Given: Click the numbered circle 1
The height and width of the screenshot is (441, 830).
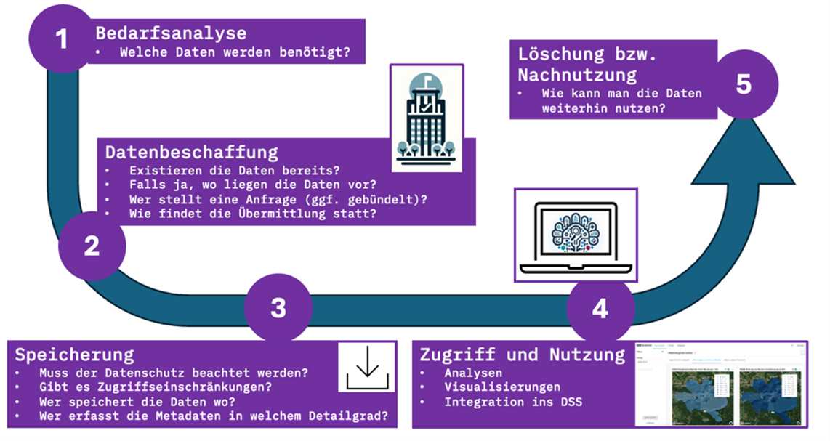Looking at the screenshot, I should [62, 38].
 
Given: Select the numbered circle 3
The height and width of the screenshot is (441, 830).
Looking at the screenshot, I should [278, 308].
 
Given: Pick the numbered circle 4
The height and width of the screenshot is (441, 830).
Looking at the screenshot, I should [600, 308].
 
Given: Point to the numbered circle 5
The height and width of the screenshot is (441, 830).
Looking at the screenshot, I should [743, 84].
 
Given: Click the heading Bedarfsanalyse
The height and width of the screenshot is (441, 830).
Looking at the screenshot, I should [171, 33].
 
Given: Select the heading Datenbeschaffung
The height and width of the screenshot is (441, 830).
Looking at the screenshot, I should [192, 152].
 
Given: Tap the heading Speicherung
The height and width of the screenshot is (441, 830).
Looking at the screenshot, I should [74, 355].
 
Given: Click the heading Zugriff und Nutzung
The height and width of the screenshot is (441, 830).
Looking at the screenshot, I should [523, 355].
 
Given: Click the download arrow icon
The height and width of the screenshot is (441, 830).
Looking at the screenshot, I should [367, 367].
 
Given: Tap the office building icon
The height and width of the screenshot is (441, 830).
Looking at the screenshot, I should [426, 118].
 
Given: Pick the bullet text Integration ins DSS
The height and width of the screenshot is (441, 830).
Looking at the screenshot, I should [512, 402].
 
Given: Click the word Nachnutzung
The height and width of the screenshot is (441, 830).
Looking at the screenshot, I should [577, 74].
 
